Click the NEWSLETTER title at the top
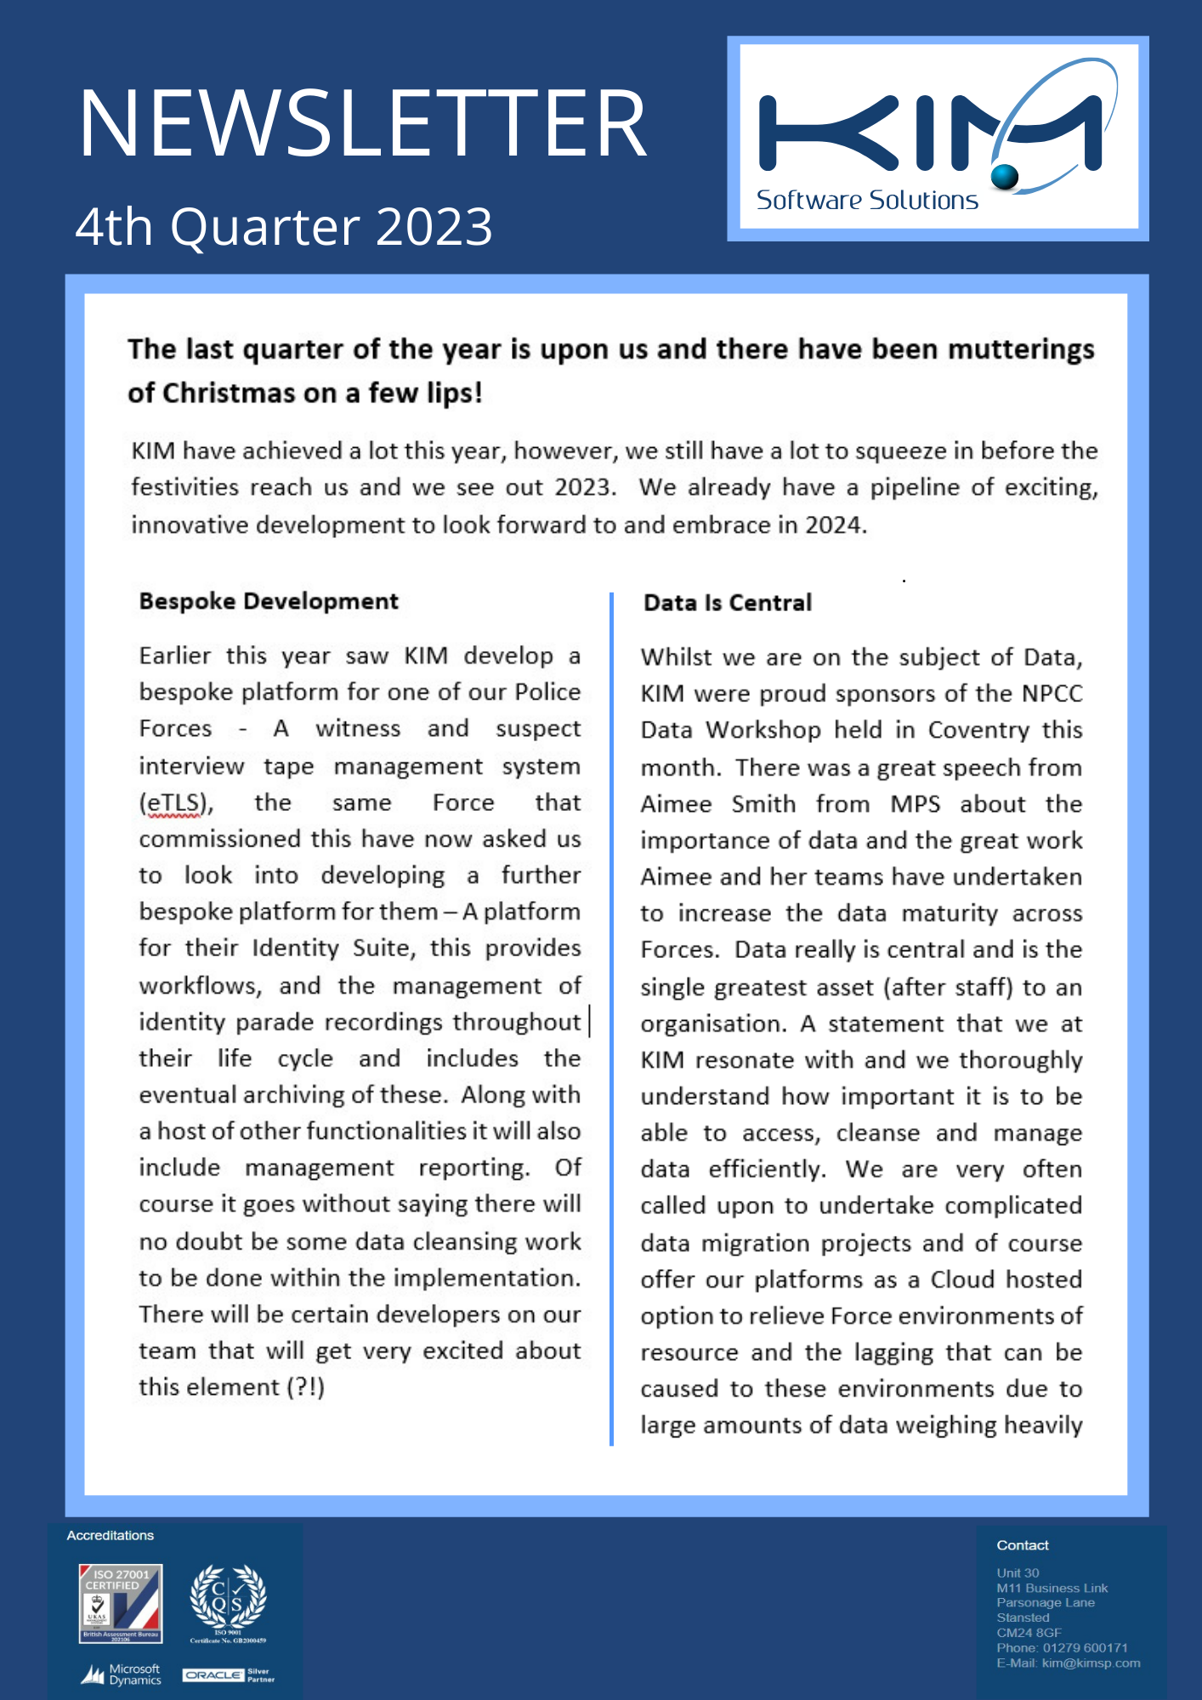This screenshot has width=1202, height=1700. point(363,125)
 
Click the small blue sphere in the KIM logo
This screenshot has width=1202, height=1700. point(1005,176)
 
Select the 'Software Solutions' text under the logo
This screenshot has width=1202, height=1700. point(867,201)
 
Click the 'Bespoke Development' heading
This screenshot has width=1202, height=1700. point(269,602)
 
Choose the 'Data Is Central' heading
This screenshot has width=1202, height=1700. point(728,603)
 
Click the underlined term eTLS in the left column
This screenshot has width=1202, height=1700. point(176,803)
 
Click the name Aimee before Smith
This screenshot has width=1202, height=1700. point(676,804)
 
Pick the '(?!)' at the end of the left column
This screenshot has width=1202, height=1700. point(306,1387)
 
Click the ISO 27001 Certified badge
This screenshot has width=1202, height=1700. point(120,1603)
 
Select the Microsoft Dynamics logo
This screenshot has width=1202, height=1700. point(122,1674)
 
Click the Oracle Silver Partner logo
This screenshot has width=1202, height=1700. point(228,1675)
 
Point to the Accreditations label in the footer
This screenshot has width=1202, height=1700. point(111,1535)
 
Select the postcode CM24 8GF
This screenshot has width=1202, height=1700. point(1029,1632)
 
